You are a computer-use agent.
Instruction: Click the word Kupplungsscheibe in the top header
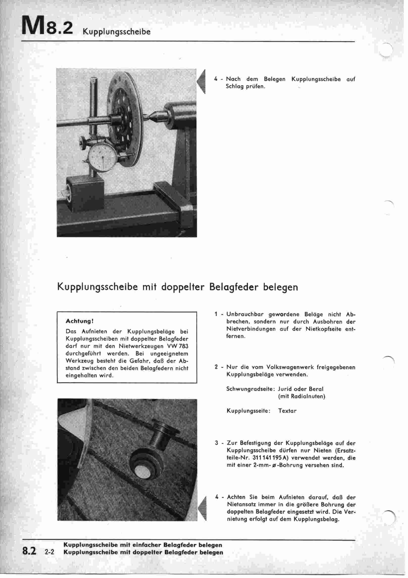(x=117, y=32)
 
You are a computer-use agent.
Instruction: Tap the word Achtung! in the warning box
(x=80, y=321)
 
